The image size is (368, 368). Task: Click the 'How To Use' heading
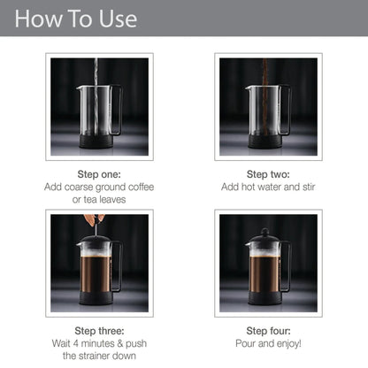76,19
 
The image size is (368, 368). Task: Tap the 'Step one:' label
99,174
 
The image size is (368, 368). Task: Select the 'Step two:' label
268,174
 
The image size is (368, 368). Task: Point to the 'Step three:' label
99,331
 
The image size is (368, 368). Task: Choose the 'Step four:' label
268,331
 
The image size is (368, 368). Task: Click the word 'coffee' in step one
141,187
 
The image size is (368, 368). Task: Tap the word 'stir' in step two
309,187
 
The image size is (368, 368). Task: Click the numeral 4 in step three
76,343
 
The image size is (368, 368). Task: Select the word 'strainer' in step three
95,356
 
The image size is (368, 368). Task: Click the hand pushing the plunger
94,219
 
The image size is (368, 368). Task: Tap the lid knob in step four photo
265,232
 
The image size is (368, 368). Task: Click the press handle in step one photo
117,110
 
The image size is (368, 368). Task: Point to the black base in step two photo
264,142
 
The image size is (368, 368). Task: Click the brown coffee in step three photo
96,273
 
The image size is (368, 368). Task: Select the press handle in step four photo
286,266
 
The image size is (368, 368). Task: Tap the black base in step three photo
96,298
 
